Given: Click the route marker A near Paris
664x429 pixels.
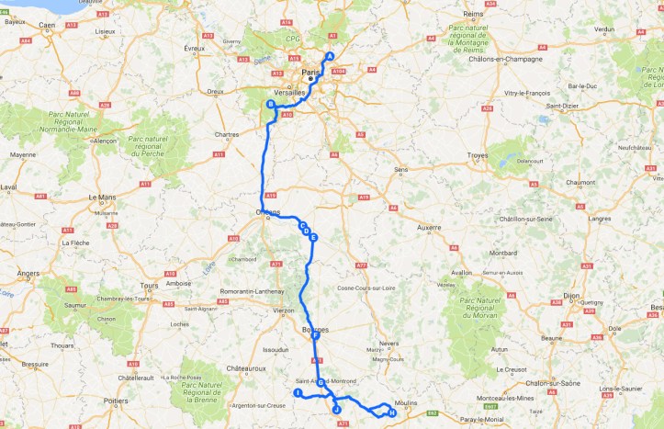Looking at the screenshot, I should point(330,57).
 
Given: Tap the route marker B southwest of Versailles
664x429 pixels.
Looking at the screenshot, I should point(270,105).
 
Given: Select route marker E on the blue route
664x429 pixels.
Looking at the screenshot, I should point(313,238).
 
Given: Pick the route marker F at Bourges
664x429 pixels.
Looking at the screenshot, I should point(315,336).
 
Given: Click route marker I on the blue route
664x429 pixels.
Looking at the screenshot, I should point(298,392).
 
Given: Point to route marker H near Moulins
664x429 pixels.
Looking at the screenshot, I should point(392,412).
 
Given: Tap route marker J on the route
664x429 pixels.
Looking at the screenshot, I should point(336,409).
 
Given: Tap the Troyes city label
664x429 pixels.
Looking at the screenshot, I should point(477,156).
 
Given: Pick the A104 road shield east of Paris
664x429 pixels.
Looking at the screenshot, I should point(339,71).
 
